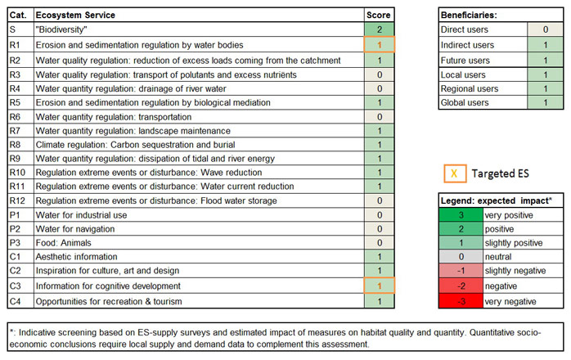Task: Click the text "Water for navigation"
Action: click(x=76, y=229)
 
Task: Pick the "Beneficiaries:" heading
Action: click(x=469, y=15)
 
